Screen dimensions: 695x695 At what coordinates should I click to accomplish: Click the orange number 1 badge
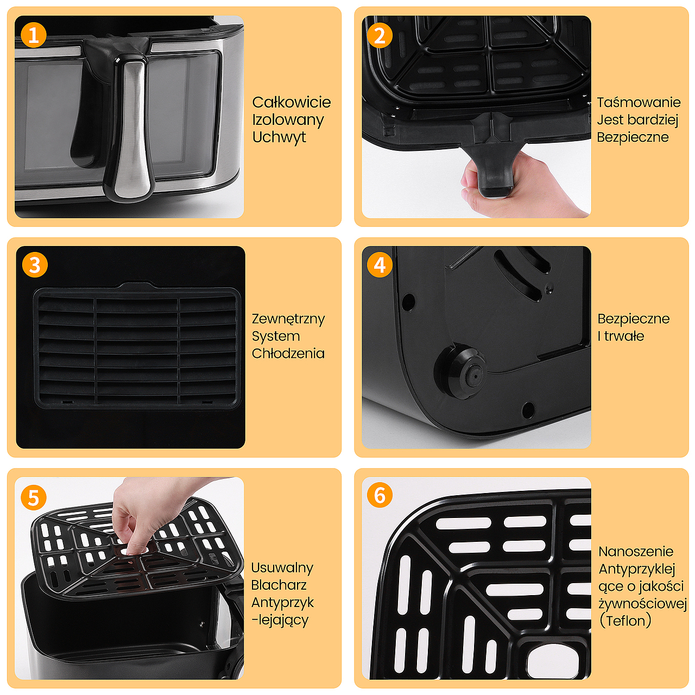[x=34, y=35]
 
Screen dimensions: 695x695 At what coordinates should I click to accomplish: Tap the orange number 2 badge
[x=380, y=35]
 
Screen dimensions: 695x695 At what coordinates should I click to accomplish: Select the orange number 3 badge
[x=35, y=265]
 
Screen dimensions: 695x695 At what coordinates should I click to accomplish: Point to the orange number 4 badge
[x=380, y=265]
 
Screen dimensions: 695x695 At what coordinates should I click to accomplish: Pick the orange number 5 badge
[x=34, y=498]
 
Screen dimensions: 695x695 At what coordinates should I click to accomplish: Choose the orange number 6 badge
[x=380, y=495]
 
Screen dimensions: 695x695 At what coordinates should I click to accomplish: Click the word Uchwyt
[x=279, y=137]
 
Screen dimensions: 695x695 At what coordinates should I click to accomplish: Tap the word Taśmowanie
[x=639, y=103]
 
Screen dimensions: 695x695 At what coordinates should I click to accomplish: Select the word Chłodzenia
[x=288, y=353]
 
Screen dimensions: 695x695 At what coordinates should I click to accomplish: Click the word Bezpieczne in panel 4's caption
[x=633, y=319]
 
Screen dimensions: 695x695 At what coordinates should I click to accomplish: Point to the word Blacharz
[x=279, y=585]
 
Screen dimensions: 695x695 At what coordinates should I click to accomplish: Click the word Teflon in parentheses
[x=625, y=621]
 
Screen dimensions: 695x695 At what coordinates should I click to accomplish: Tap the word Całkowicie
[x=292, y=103]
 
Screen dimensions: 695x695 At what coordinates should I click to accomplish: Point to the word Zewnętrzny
[x=288, y=319]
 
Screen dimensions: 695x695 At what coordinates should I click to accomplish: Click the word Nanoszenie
[x=636, y=552]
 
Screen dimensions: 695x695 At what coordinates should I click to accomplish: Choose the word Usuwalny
[x=282, y=568]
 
